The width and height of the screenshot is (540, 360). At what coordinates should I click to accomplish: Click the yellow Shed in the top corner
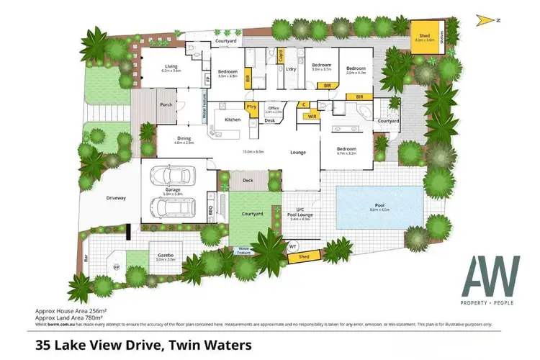point(422,35)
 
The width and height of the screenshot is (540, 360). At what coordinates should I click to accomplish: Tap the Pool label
point(379,205)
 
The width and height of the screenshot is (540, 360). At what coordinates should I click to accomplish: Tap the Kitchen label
point(232,120)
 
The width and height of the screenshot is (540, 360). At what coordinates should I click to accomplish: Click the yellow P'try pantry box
point(251,107)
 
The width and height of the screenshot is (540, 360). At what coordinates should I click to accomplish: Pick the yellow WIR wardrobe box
point(312,115)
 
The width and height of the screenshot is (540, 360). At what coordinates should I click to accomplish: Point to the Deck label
point(248,180)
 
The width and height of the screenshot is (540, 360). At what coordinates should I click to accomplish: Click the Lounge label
point(298,153)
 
